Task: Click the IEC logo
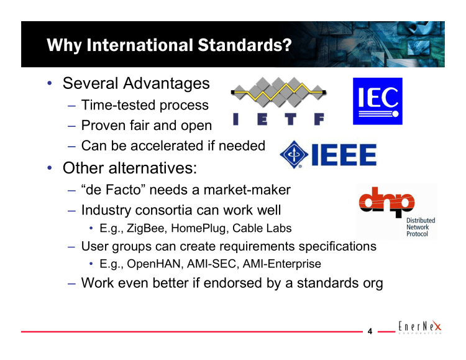click(x=377, y=101)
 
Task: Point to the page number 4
click(x=370, y=331)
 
